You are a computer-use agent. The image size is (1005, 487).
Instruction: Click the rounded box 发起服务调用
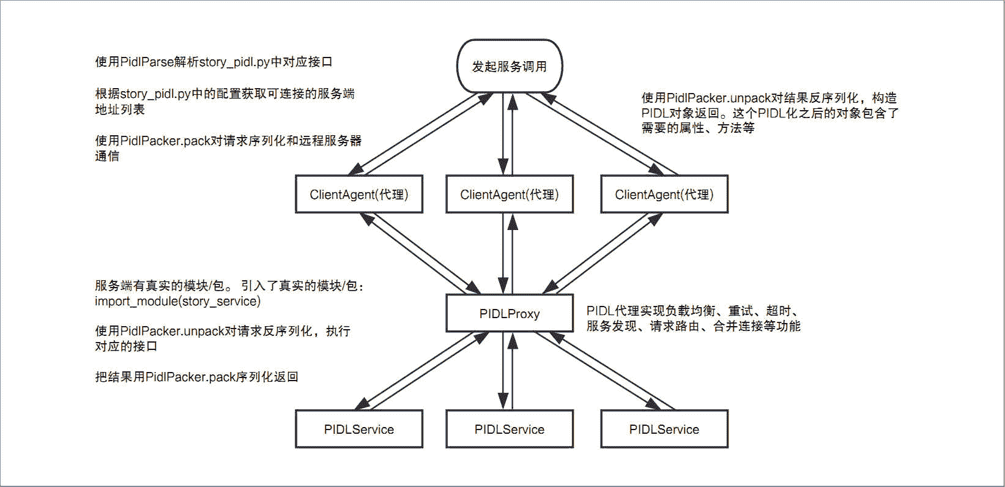click(509, 66)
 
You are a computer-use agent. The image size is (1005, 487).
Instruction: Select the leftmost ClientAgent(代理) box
click(358, 195)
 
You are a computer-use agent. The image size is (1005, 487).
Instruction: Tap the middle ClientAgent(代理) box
click(509, 195)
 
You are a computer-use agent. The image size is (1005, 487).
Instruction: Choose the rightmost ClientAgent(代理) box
click(664, 195)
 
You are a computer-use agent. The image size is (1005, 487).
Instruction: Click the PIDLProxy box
click(509, 314)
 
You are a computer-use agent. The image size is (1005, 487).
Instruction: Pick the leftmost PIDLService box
click(358, 429)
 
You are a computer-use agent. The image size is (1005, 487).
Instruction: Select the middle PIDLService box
click(509, 429)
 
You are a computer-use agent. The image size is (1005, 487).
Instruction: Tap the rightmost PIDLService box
click(664, 429)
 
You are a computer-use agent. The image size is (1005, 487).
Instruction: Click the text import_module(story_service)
click(177, 302)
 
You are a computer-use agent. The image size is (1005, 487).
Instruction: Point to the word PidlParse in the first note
click(147, 62)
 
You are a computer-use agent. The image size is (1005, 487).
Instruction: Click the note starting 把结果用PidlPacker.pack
click(196, 377)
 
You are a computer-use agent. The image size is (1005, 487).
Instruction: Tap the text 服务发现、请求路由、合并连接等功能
click(693, 326)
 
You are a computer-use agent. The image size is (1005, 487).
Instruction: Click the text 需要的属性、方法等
click(697, 128)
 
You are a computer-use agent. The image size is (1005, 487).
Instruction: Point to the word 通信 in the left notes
click(107, 156)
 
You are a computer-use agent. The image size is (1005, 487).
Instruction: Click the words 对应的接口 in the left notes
click(126, 346)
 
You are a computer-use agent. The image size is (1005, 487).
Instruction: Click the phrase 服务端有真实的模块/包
click(160, 286)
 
